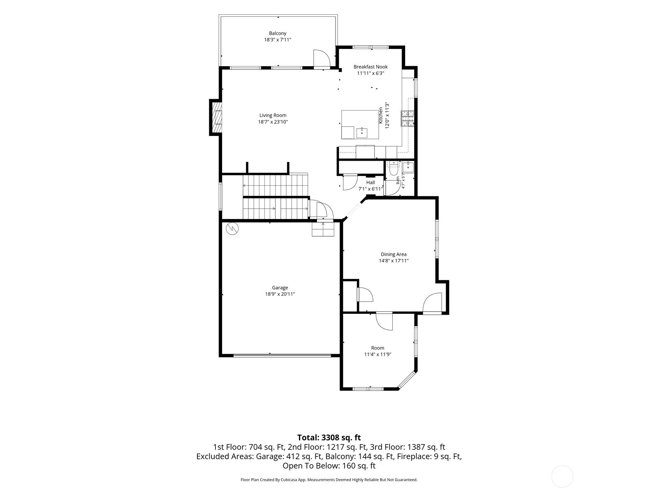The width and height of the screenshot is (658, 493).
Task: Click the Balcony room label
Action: pyautogui.click(x=277, y=33)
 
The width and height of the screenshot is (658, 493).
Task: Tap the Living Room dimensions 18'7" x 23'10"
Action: pyautogui.click(x=273, y=122)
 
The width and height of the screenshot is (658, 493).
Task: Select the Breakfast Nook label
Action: pyautogui.click(x=371, y=67)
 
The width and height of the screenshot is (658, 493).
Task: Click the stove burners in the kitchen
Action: pyautogui.click(x=408, y=118)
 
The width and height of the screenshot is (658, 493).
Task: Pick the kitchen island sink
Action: pyautogui.click(x=362, y=132)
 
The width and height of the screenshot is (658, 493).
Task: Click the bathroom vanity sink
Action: pyautogui.click(x=408, y=167)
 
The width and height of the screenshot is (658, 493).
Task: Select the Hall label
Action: pyautogui.click(x=371, y=182)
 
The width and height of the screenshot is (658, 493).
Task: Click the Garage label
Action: pyautogui.click(x=280, y=288)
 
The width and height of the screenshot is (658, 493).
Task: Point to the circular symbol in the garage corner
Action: pyautogui.click(x=232, y=228)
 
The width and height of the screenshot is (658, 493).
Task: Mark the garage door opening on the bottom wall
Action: pyautogui.click(x=282, y=356)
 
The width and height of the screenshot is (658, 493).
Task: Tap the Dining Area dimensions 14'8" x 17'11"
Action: pyautogui.click(x=394, y=261)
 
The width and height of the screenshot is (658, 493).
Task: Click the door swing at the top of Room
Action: pyautogui.click(x=384, y=321)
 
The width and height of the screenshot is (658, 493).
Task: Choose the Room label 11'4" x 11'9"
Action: pyautogui.click(x=378, y=351)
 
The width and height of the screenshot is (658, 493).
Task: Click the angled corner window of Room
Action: pyautogui.click(x=407, y=381)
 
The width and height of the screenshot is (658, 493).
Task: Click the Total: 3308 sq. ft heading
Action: pyautogui.click(x=329, y=438)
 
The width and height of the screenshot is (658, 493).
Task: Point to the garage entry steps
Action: pyautogui.click(x=323, y=229)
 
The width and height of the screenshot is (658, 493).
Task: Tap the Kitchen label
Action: pyautogui.click(x=381, y=115)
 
